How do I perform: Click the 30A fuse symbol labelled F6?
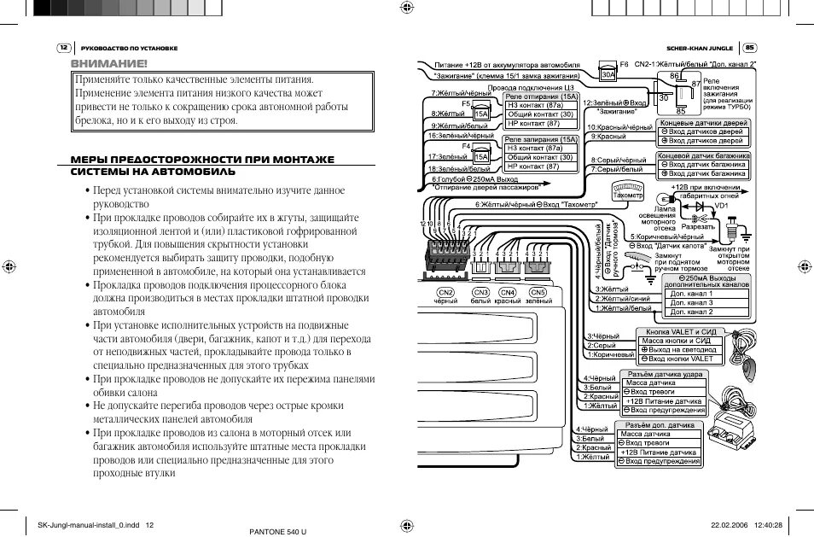[x=608, y=74]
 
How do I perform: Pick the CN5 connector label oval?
[x=538, y=293]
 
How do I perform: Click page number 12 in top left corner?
[x=63, y=48]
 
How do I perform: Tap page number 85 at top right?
[x=750, y=48]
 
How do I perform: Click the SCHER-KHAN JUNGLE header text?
[x=699, y=48]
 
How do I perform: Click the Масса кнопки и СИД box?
[x=679, y=341]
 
